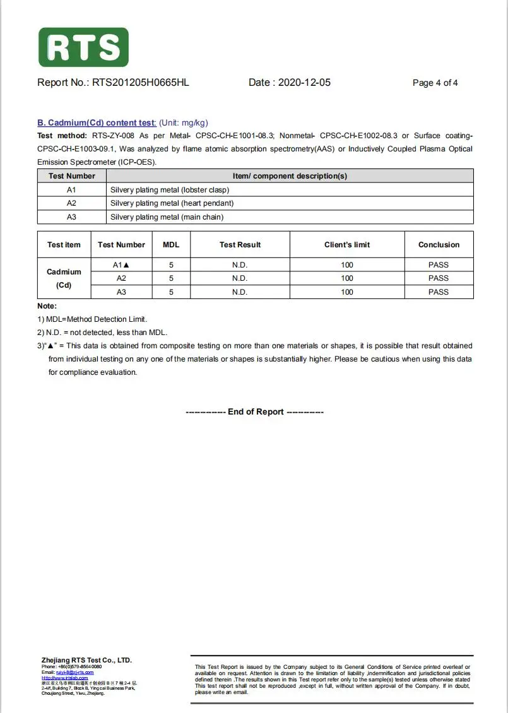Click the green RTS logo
click(x=83, y=47)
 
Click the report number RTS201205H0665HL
click(x=140, y=83)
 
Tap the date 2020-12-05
click(x=304, y=83)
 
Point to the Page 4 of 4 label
click(x=435, y=83)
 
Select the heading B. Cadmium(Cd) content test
click(x=97, y=123)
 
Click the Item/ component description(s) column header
click(x=290, y=176)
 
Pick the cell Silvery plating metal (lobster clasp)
click(x=170, y=190)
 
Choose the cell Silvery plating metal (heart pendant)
click(x=172, y=203)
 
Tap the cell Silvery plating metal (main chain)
click(x=167, y=217)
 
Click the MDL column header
click(x=171, y=245)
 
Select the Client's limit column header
click(x=347, y=245)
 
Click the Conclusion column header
click(x=439, y=245)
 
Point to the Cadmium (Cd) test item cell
click(x=64, y=278)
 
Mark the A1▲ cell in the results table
click(x=121, y=265)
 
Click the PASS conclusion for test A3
click(x=439, y=292)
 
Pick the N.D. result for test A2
click(x=240, y=278)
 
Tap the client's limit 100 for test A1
click(x=347, y=265)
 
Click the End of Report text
click(x=255, y=412)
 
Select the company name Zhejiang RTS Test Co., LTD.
click(x=86, y=660)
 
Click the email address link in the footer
click(x=74, y=672)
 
